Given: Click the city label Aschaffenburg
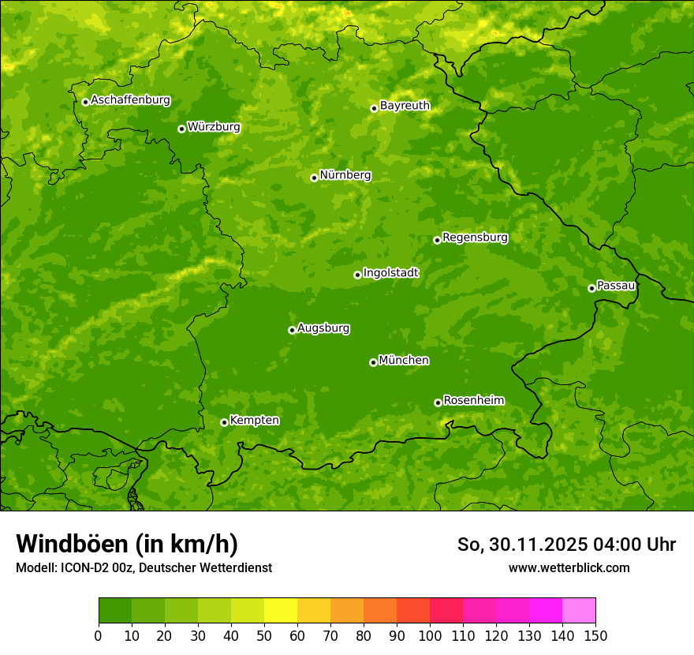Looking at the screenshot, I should pyautogui.click(x=130, y=100).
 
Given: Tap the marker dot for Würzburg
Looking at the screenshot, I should pyautogui.click(x=181, y=129).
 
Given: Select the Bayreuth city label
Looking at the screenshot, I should pyautogui.click(x=405, y=105).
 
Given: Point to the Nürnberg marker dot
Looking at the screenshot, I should pyautogui.click(x=314, y=178).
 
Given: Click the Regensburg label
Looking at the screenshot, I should pyautogui.click(x=475, y=237).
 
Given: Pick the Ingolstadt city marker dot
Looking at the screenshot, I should pyautogui.click(x=357, y=275).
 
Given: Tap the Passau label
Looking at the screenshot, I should pyautogui.click(x=616, y=285).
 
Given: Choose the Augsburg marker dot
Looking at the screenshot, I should pyautogui.click(x=292, y=330).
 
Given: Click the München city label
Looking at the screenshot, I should pyautogui.click(x=404, y=360).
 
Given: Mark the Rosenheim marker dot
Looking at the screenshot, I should pyautogui.click(x=438, y=402).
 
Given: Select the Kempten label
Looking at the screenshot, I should pyautogui.click(x=254, y=420).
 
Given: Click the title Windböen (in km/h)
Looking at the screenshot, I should pyautogui.click(x=126, y=544).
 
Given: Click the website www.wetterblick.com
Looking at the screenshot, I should pyautogui.click(x=569, y=567).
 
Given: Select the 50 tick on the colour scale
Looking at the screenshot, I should pyautogui.click(x=264, y=634).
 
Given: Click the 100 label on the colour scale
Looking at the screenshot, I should pyautogui.click(x=430, y=634).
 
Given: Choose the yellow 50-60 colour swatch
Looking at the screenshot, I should pyautogui.click(x=281, y=611).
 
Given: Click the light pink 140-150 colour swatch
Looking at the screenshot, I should pyautogui.click(x=579, y=611).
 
